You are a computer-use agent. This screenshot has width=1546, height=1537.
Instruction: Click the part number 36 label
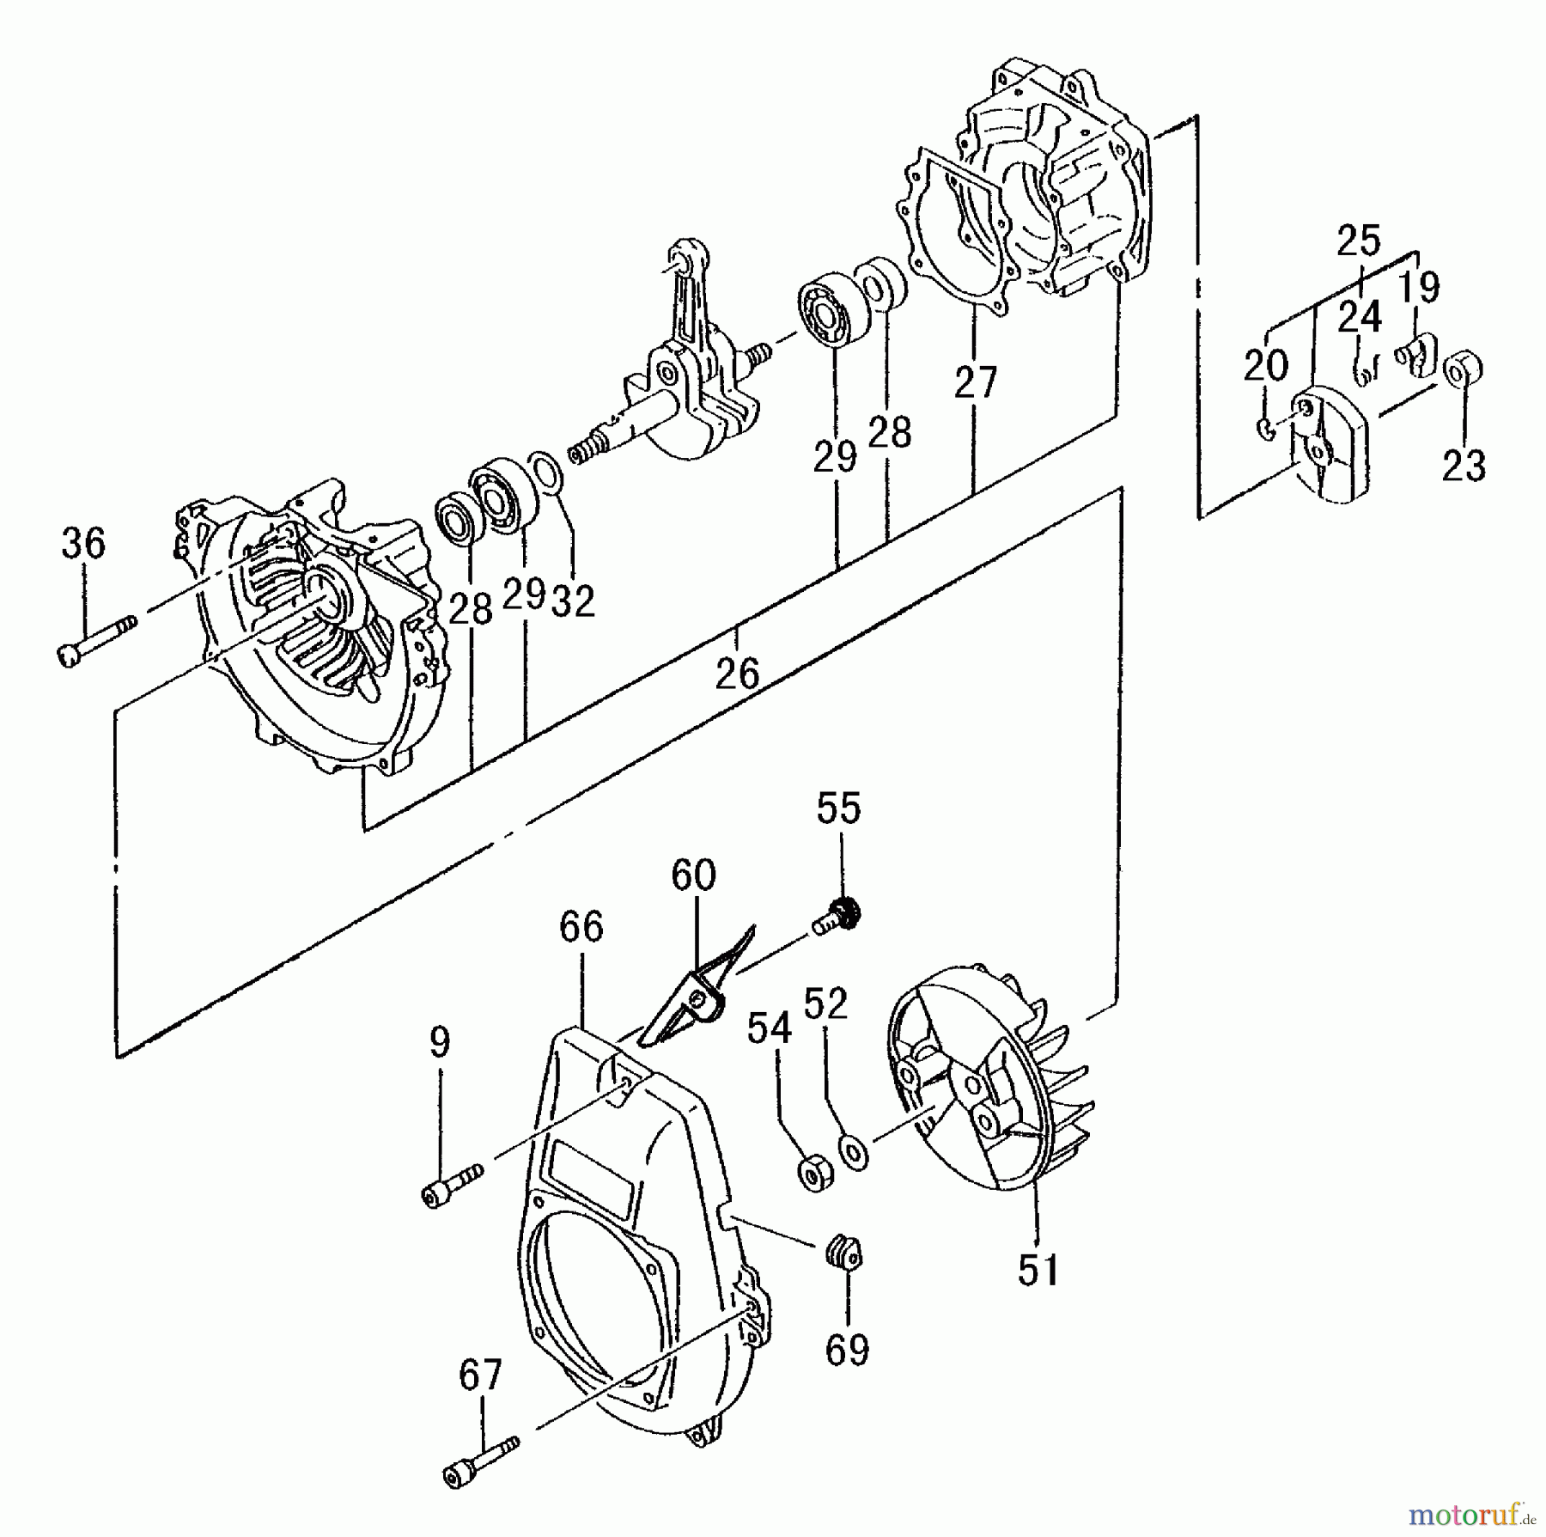pos(83,544)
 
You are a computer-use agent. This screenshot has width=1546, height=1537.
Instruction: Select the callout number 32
pos(573,601)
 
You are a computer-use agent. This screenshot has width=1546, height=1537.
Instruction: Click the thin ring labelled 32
pos(546,473)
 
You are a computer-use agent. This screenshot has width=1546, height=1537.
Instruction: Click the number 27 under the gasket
pos(976,382)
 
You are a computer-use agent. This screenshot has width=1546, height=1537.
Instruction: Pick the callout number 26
pos(738,674)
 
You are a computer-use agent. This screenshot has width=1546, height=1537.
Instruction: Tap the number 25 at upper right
pos(1358,241)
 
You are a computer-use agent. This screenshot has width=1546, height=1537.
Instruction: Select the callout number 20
pos(1266,366)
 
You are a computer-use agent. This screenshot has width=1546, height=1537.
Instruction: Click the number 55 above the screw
pos(838,808)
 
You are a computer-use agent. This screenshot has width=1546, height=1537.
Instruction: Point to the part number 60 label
pos(693,875)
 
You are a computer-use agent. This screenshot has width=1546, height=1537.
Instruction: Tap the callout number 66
pos(581,927)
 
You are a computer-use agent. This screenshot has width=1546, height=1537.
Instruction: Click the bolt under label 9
pos(452,1185)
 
